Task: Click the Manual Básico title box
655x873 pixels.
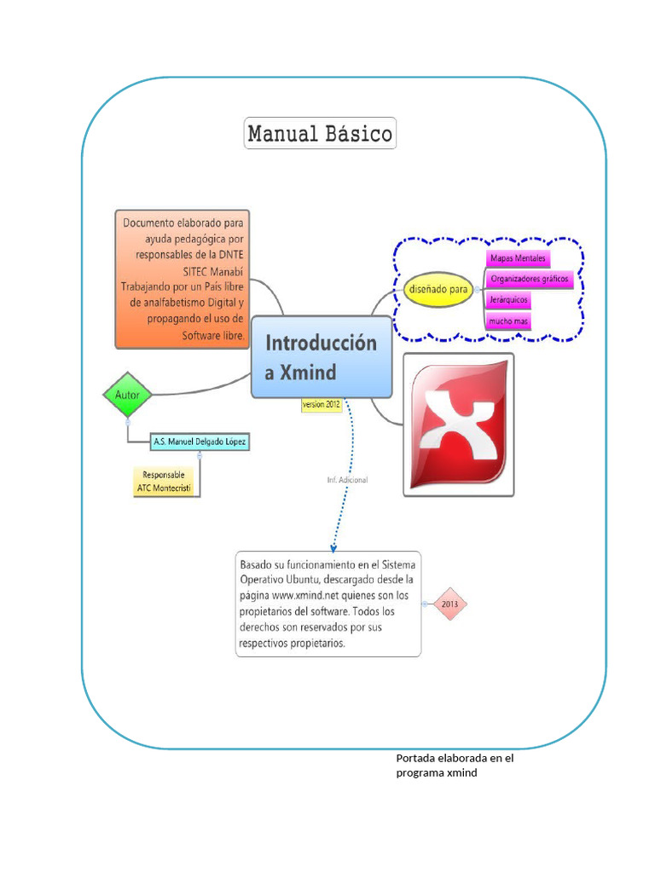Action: [x=320, y=134]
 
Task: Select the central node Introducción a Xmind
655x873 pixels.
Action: [x=322, y=357]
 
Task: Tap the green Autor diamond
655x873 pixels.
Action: [x=127, y=395]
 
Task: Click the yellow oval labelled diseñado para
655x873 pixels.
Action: [x=438, y=289]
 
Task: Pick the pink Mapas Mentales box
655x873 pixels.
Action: [x=518, y=257]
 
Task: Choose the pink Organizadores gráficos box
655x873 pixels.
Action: [x=529, y=279]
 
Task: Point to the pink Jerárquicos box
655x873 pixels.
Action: [x=509, y=300]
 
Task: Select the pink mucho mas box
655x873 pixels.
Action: [x=509, y=321]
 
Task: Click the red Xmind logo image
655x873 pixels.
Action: [x=459, y=424]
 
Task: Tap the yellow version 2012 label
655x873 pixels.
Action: [x=322, y=405]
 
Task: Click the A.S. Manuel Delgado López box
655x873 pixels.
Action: [x=200, y=442]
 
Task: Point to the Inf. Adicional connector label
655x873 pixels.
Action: [x=347, y=480]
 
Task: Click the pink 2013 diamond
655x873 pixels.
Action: [x=449, y=604]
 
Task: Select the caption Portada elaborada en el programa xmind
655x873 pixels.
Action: [x=455, y=766]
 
